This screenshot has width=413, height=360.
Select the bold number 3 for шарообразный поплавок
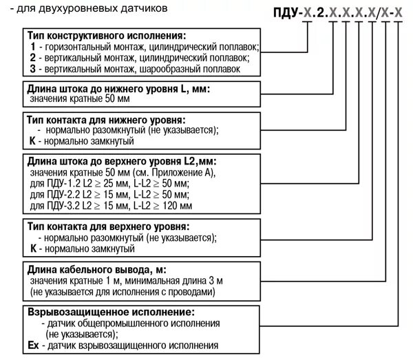tap(32, 69)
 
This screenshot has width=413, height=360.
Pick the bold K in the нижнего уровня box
tap(32, 140)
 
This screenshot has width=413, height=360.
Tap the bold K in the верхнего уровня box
tap(32, 247)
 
